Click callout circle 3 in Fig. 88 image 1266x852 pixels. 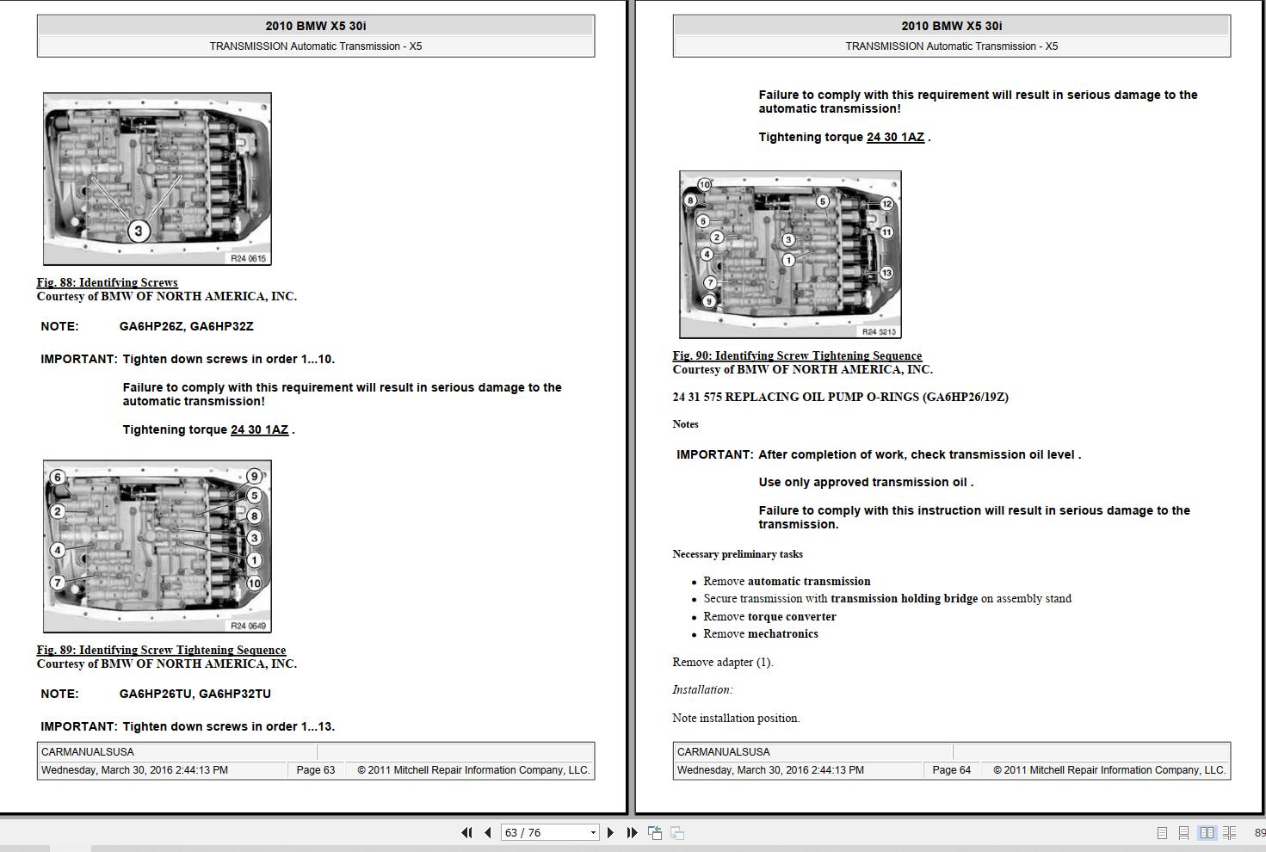coord(138,231)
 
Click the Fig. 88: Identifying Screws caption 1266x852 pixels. coord(107,282)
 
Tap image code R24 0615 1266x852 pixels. coord(248,258)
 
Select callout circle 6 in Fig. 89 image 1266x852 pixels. coord(58,478)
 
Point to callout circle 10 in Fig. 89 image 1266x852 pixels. coord(254,583)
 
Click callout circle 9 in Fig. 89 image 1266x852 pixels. coord(254,476)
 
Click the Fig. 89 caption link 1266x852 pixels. coord(161,650)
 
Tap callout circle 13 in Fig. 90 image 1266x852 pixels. coord(886,273)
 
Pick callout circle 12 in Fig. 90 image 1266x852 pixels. coord(886,204)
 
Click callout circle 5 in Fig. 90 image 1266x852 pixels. coord(822,201)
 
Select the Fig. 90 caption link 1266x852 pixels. coord(797,355)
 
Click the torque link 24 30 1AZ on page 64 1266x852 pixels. coord(895,137)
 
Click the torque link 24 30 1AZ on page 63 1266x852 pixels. coord(259,429)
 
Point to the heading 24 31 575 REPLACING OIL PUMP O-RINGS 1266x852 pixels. coord(840,397)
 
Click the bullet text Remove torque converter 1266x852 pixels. coord(769,616)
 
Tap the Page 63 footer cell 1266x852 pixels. coord(316,770)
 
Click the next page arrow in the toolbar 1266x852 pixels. coord(610,832)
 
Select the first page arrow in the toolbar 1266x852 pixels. coord(466,832)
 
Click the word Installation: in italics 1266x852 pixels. coord(702,689)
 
